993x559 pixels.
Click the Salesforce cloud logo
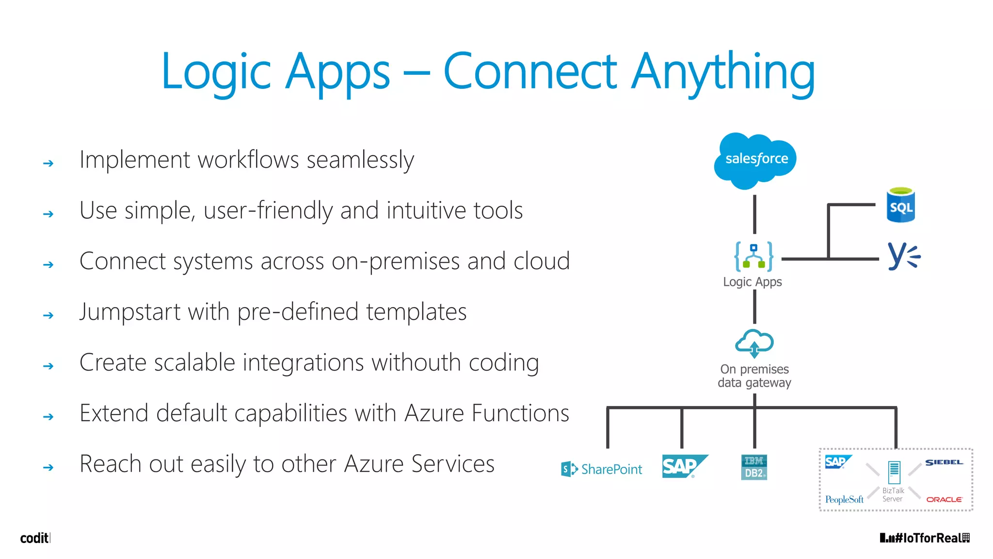pyautogui.click(x=755, y=160)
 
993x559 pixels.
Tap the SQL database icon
pyautogui.click(x=900, y=205)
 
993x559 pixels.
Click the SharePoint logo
pyautogui.click(x=601, y=469)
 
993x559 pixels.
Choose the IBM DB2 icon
pyautogui.click(x=754, y=467)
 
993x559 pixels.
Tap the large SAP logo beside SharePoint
pyautogui.click(x=684, y=466)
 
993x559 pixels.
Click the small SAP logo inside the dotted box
pyautogui.click(x=837, y=461)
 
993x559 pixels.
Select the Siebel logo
pyautogui.click(x=944, y=462)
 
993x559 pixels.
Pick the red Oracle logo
pyautogui.click(x=944, y=499)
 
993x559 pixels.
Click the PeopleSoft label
pyautogui.click(x=844, y=499)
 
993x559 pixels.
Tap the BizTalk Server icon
pyautogui.click(x=894, y=473)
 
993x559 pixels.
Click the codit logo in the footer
pyautogui.click(x=34, y=538)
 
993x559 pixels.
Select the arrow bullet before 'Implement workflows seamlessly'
pyautogui.click(x=48, y=163)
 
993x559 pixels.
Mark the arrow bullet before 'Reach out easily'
pyautogui.click(x=48, y=467)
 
